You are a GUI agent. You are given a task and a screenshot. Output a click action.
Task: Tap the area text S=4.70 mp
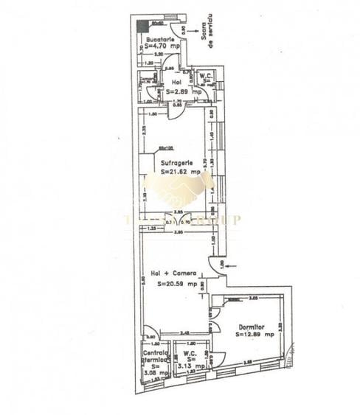159,45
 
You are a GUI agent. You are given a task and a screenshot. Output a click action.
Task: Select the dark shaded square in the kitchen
142,27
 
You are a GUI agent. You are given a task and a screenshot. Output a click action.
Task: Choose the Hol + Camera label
173,274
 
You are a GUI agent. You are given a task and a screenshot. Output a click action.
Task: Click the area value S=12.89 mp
255,334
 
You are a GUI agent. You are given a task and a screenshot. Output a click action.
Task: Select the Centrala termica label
156,357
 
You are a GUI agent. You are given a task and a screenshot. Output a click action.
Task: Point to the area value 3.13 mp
191,366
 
